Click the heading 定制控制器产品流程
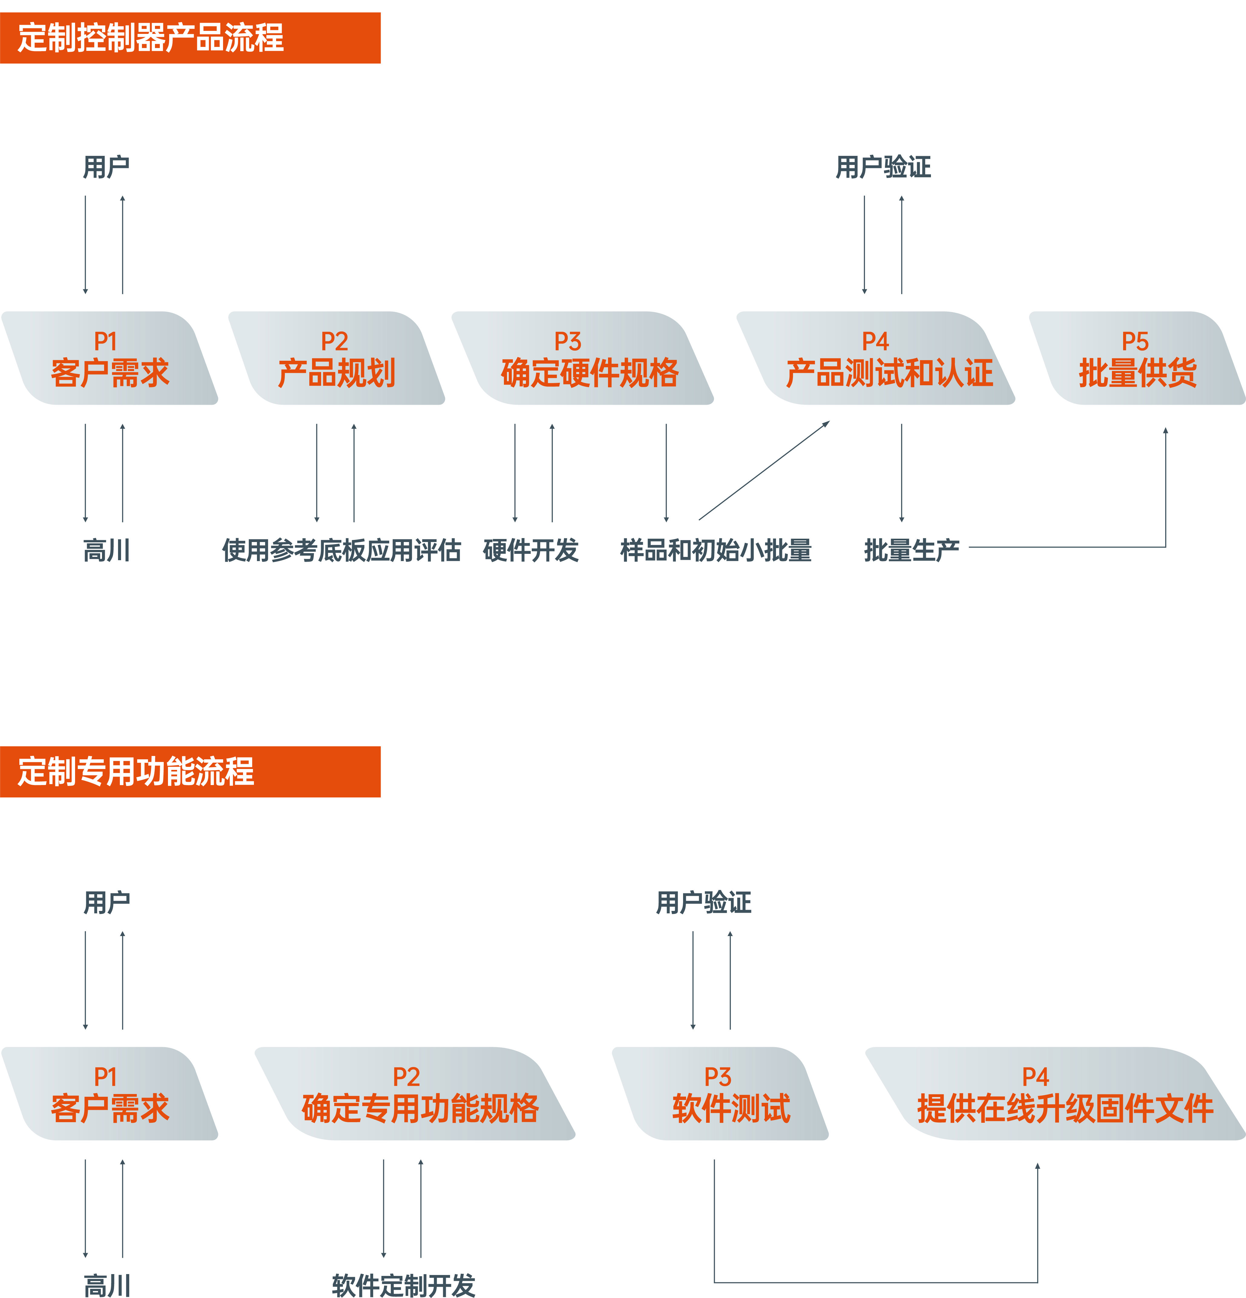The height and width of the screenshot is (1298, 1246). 151,38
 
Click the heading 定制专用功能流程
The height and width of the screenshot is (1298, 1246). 136,771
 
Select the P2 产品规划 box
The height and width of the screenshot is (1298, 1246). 337,358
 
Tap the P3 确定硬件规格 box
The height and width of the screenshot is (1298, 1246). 583,358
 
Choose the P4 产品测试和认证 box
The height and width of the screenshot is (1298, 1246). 876,358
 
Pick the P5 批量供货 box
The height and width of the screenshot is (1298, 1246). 1137,358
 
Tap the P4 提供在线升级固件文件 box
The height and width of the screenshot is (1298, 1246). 1056,1093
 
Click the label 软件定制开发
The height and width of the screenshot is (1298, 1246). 403,1285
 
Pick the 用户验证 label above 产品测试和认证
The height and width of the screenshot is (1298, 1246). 883,167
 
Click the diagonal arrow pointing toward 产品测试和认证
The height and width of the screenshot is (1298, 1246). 764,470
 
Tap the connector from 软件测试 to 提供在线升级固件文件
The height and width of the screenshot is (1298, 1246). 874,1282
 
